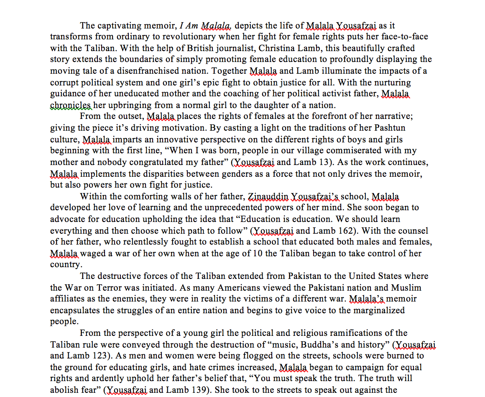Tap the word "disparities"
pyautogui.click(x=175, y=173)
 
